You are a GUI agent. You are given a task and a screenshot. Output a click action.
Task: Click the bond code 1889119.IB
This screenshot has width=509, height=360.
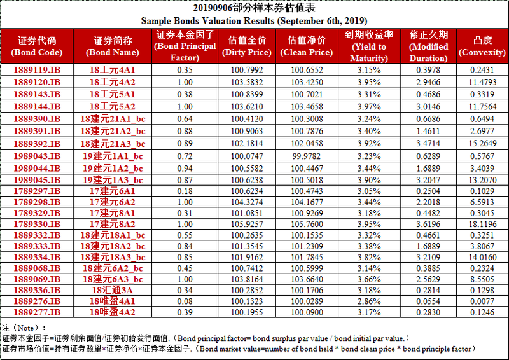pos(38,70)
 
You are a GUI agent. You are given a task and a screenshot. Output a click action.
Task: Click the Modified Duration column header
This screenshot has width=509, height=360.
pos(428,46)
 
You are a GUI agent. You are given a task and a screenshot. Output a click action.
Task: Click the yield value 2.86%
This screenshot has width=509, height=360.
pos(369,301)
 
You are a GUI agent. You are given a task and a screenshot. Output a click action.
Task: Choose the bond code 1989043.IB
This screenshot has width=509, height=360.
pos(38,156)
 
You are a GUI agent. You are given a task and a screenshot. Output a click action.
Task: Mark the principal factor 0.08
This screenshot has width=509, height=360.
pos(185,301)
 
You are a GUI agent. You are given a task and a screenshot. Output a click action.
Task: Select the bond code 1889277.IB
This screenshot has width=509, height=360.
pos(38,313)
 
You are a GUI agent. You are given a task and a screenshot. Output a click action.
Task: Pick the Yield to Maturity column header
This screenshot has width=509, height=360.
pos(369,46)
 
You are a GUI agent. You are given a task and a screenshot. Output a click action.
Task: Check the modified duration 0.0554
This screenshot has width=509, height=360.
pos(428,301)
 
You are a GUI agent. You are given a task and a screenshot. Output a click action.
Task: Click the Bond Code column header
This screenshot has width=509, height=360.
pos(38,46)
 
